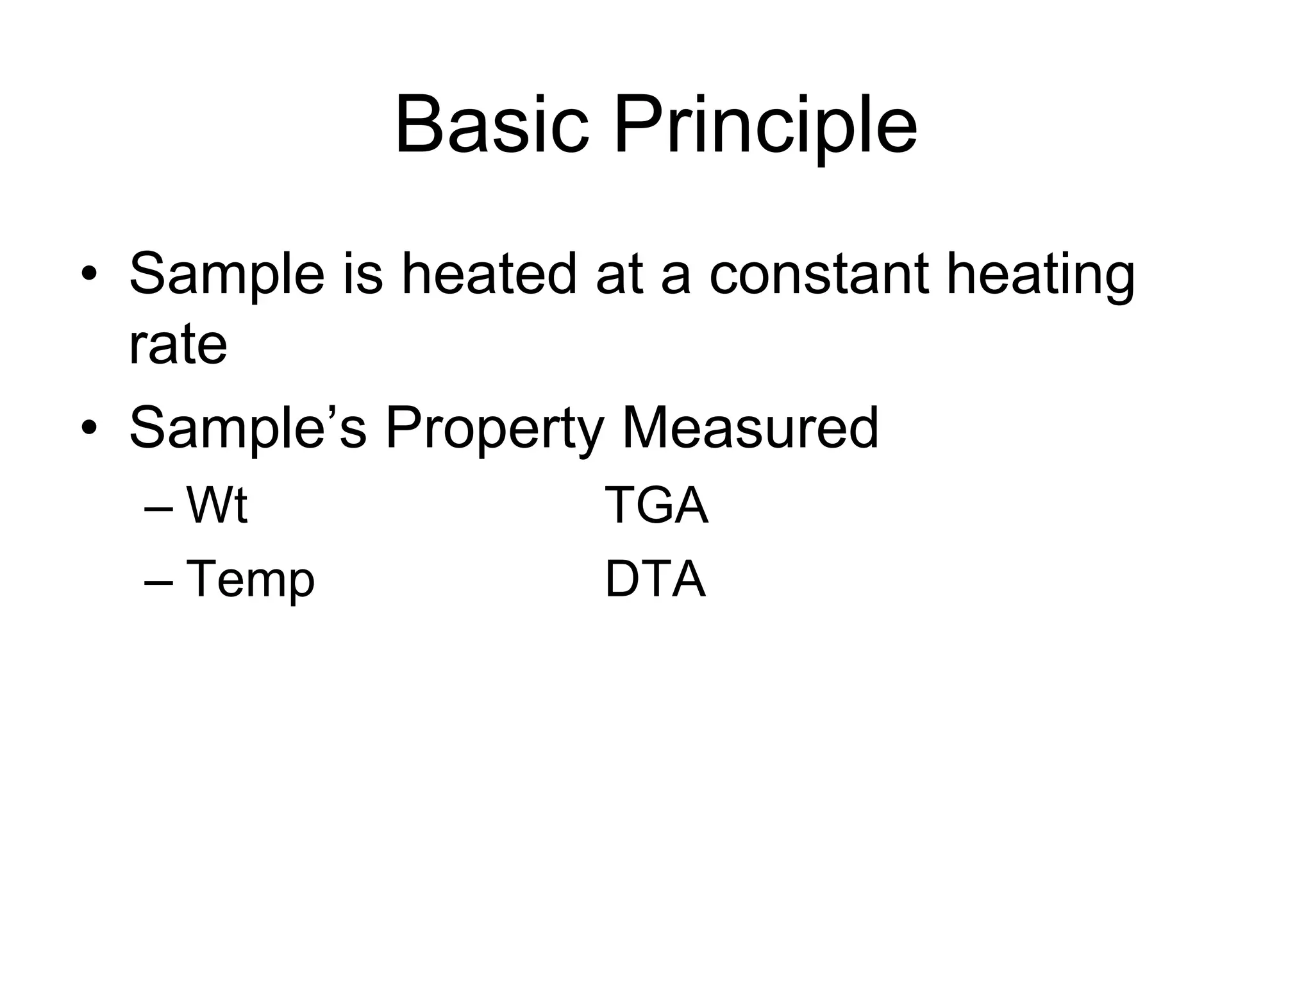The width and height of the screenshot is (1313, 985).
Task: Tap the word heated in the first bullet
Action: click(489, 274)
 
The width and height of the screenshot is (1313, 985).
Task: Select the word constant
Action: click(819, 274)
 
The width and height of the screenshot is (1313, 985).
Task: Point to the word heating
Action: click(1041, 274)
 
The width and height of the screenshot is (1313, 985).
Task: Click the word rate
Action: click(178, 344)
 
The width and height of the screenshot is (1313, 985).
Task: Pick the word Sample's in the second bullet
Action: click(248, 428)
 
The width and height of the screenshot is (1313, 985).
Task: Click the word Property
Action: click(494, 428)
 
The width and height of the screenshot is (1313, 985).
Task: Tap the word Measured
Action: click(750, 428)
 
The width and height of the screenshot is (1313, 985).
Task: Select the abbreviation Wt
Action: click(217, 505)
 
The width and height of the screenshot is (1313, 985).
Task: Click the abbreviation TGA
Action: click(656, 505)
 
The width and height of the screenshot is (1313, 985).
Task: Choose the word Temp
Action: click(250, 579)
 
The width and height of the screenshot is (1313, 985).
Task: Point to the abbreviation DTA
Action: click(655, 579)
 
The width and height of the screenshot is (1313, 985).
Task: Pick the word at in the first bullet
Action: click(619, 274)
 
